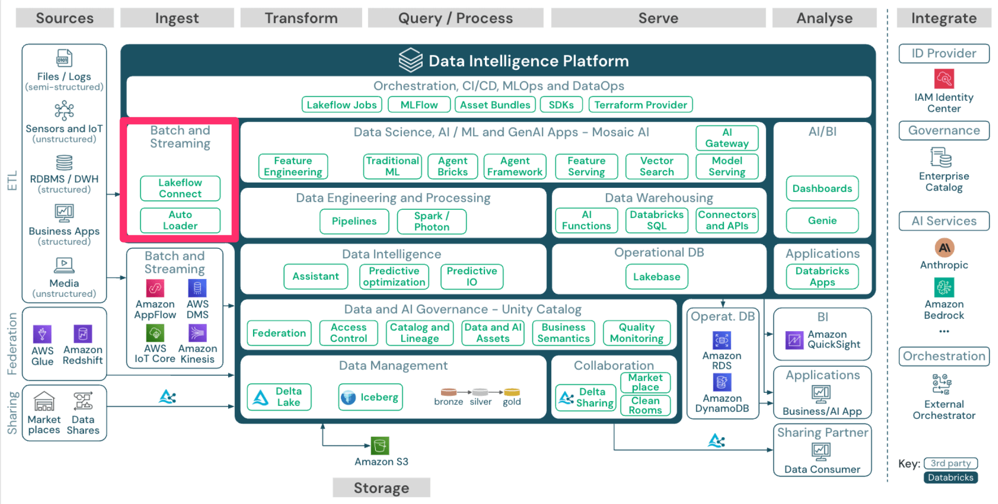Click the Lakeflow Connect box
(180, 188)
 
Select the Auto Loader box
(180, 220)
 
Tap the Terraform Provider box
(640, 105)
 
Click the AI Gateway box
(727, 138)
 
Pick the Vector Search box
(657, 166)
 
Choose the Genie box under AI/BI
(822, 220)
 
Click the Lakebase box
(657, 277)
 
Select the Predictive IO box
(471, 277)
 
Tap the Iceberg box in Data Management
(370, 397)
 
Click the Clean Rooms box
(645, 405)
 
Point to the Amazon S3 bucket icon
(380, 446)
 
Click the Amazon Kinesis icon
(197, 333)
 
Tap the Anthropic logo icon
(944, 248)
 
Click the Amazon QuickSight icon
(794, 340)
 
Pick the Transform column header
(301, 18)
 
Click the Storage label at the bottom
(381, 488)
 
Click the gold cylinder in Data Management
(512, 392)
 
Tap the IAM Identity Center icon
(944, 79)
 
